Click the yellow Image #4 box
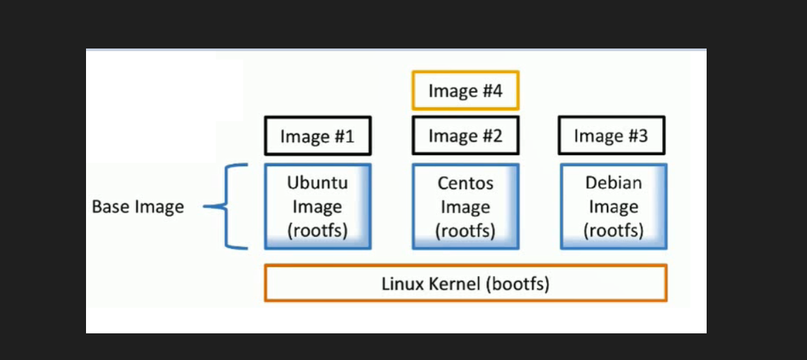click(x=465, y=90)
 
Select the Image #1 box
click(x=317, y=136)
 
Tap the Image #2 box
click(x=465, y=135)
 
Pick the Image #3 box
click(x=611, y=136)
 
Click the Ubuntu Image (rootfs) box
click(x=317, y=206)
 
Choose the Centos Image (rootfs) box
click(x=465, y=206)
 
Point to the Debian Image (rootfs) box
click(x=613, y=206)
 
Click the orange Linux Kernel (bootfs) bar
click(x=465, y=283)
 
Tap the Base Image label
click(x=138, y=206)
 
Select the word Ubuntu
click(x=317, y=183)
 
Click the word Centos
click(x=465, y=184)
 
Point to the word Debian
click(x=613, y=183)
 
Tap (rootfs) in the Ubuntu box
click(x=317, y=230)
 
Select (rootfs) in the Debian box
click(x=613, y=230)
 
